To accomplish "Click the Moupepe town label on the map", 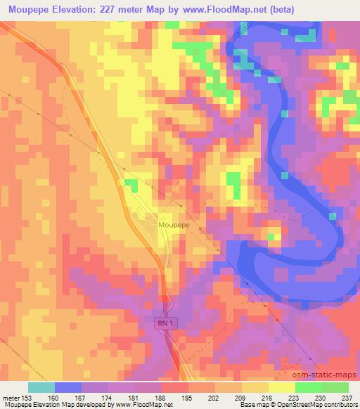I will click(176, 226).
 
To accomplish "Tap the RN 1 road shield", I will click(164, 321).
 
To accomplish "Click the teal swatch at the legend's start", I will click(41, 387).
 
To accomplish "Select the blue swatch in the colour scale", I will click(68, 387).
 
